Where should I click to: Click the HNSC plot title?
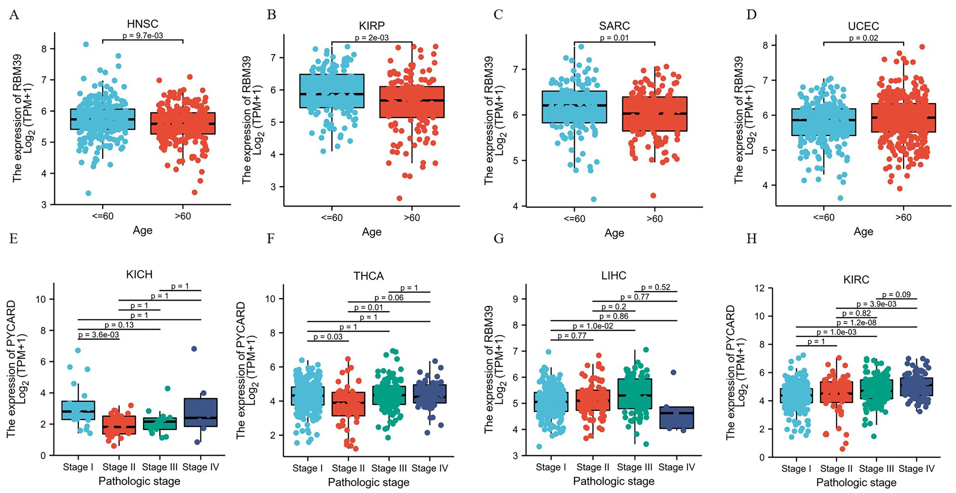tap(142, 24)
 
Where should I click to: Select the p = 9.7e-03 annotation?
tap(143, 36)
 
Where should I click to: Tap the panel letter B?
tap(271, 15)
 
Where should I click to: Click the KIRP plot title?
tap(372, 26)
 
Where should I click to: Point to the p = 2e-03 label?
tap(372, 38)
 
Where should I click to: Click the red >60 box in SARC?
tap(654, 114)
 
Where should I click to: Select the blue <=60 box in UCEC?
tap(823, 122)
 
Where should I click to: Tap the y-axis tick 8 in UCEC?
tap(765, 45)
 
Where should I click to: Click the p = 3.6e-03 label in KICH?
tap(99, 335)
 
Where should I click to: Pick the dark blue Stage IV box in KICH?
tap(201, 412)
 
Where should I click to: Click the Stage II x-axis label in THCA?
tap(348, 468)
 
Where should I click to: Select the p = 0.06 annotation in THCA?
tap(389, 298)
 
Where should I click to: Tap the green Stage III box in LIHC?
tap(634, 394)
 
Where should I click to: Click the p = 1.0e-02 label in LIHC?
tap(593, 326)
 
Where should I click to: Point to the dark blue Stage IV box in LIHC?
tap(676, 418)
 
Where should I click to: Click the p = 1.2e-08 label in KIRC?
tap(856, 322)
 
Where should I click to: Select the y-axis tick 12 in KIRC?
tap(760, 288)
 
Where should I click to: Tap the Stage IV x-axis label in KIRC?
tap(916, 469)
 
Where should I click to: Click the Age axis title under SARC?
tap(614, 233)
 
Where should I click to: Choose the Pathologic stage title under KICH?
tap(139, 481)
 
